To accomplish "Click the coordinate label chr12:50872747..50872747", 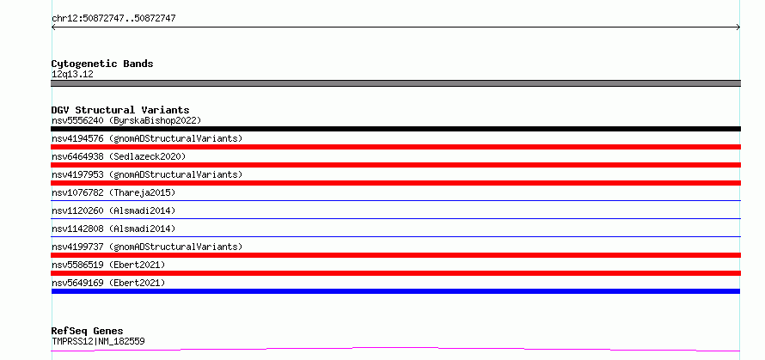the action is [113, 19].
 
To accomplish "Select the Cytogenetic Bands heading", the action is [102, 64].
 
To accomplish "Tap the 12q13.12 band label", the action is [72, 75].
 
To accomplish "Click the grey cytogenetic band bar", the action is [395, 83].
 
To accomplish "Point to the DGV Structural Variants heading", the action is [120, 110].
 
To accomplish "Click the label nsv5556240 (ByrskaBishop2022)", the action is [126, 120].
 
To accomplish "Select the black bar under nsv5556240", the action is [395, 129].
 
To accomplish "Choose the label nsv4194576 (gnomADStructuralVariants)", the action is [147, 138].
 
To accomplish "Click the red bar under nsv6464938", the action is [395, 165].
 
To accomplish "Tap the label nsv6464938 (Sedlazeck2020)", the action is [119, 156].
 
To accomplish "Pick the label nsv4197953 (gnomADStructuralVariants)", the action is [147, 174].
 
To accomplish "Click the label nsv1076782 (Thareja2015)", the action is [113, 192].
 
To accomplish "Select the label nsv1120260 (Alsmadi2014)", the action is [113, 211].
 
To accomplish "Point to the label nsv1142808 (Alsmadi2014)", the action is [113, 229].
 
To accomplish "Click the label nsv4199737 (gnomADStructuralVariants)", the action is [147, 247].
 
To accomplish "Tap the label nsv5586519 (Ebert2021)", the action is [108, 265].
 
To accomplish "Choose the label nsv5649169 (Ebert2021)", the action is [108, 283].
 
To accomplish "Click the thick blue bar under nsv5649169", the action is [395, 291].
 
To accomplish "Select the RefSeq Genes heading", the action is [87, 332].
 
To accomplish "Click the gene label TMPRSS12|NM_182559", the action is [98, 341].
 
